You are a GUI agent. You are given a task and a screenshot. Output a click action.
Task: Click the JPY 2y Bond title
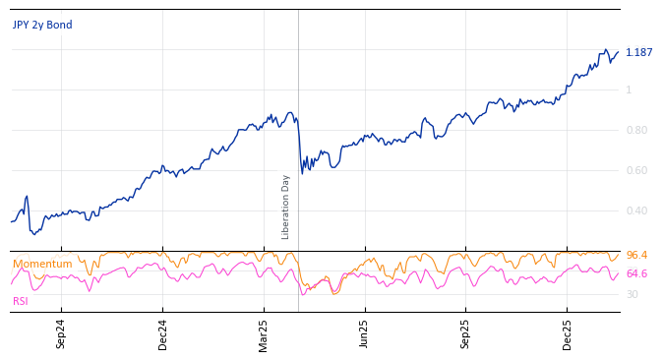point(42,26)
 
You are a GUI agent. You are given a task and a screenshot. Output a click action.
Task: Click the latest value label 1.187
point(638,53)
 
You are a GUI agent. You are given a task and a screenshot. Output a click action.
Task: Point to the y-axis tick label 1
point(629,90)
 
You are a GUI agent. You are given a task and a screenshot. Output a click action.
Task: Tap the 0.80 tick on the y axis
point(636,131)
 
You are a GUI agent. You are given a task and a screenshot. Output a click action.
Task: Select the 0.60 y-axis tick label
point(636,171)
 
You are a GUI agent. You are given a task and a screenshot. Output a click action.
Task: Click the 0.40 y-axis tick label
point(636,211)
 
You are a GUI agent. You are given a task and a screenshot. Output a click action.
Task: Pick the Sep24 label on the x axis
point(61,333)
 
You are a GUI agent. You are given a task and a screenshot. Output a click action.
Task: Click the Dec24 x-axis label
point(163,333)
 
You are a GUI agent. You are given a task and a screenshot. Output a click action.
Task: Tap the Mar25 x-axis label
point(264,333)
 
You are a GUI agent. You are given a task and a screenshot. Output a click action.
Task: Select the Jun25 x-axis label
point(365,333)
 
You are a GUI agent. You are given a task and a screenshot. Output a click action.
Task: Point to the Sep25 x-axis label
point(466,333)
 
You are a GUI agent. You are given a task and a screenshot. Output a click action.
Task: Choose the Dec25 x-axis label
point(568,333)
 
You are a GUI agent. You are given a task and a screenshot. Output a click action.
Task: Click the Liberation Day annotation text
point(286,207)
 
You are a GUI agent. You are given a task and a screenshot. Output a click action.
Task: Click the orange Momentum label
point(42,265)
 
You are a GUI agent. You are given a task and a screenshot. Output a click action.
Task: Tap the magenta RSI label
point(21,301)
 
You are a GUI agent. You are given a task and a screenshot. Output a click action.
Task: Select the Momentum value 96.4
point(636,256)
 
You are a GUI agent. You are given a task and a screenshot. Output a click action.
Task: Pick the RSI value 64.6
point(636,274)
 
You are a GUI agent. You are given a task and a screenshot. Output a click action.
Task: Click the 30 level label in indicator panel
point(632,294)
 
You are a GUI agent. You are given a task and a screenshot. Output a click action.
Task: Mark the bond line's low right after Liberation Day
point(302,174)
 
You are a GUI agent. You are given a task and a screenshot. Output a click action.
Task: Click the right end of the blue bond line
point(618,52)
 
